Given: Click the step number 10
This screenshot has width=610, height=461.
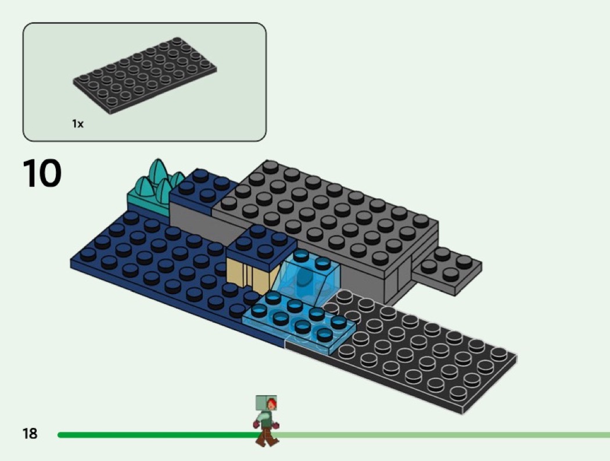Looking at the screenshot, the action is [42, 173].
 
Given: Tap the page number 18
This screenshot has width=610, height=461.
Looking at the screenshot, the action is [30, 433].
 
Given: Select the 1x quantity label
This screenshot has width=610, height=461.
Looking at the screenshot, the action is [78, 124].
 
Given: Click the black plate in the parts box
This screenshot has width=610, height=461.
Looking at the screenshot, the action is [145, 76].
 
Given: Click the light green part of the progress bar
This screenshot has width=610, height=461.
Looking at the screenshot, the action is [443, 435].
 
